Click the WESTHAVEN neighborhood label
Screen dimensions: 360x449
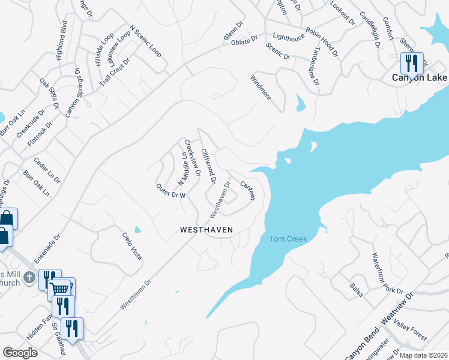point(206,230)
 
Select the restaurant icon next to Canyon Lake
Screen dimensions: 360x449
point(412,62)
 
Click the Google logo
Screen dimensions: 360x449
point(20,352)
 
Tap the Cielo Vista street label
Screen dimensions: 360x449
point(133,245)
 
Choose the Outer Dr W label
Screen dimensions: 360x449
point(170,191)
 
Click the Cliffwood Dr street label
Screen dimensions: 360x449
point(208,166)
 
